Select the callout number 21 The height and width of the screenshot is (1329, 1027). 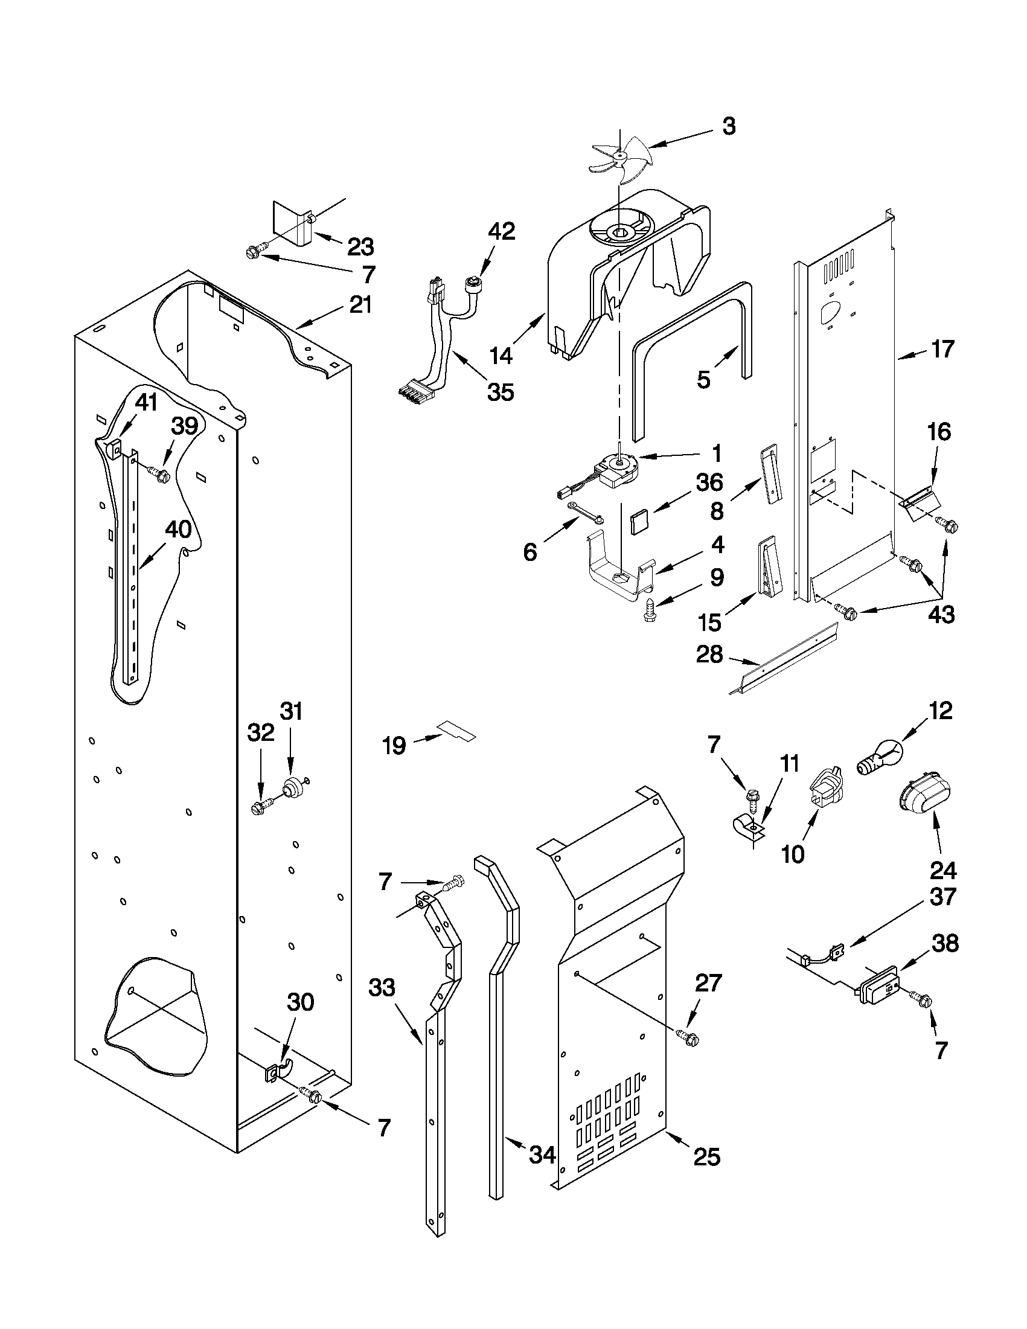[360, 304]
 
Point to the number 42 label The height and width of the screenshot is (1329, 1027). [501, 231]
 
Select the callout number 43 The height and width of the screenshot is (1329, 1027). [941, 615]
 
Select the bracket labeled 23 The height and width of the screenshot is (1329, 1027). [291, 224]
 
